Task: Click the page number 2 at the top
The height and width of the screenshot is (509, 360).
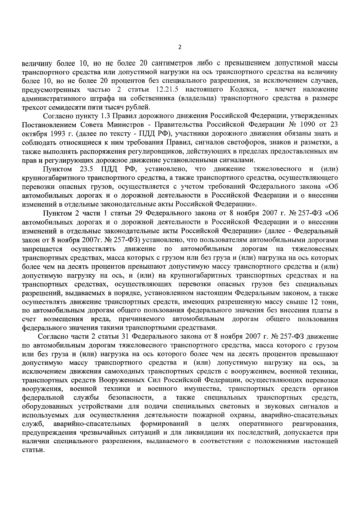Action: click(180, 47)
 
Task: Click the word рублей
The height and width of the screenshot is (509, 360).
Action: click(140, 107)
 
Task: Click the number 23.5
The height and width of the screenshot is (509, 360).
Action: click(86, 169)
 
